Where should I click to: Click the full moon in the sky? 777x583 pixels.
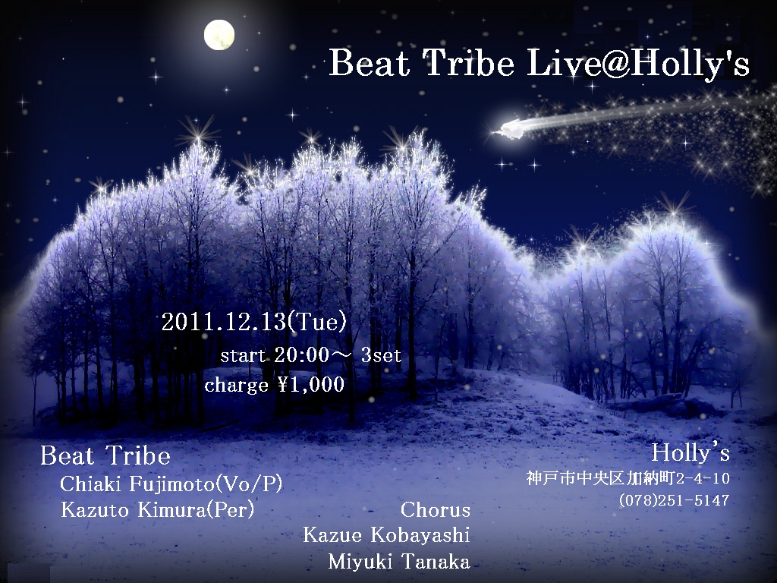tap(219, 35)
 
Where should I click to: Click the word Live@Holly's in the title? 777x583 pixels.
tap(637, 65)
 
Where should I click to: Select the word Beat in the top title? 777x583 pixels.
tap(370, 64)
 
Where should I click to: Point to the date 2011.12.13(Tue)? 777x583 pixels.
tap(253, 322)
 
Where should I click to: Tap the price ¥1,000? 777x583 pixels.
tap(310, 384)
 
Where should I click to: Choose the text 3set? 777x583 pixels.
tap(381, 355)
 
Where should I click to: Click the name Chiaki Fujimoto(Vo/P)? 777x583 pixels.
tap(171, 484)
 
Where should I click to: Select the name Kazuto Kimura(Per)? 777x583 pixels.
tap(157, 509)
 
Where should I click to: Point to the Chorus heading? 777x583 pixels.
tap(435, 509)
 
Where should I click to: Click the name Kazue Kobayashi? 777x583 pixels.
tap(386, 535)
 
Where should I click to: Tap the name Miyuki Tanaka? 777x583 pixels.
tap(399, 562)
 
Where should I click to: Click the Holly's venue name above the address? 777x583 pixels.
tap(690, 452)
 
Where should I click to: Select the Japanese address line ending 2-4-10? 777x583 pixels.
tap(628, 478)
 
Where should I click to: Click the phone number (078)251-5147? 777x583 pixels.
tap(674, 500)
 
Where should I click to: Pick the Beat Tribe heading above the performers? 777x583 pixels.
tap(105, 455)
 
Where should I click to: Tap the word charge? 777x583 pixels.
tap(237, 386)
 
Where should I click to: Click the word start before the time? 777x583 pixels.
tap(243, 355)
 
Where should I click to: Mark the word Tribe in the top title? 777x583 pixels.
tap(469, 64)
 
